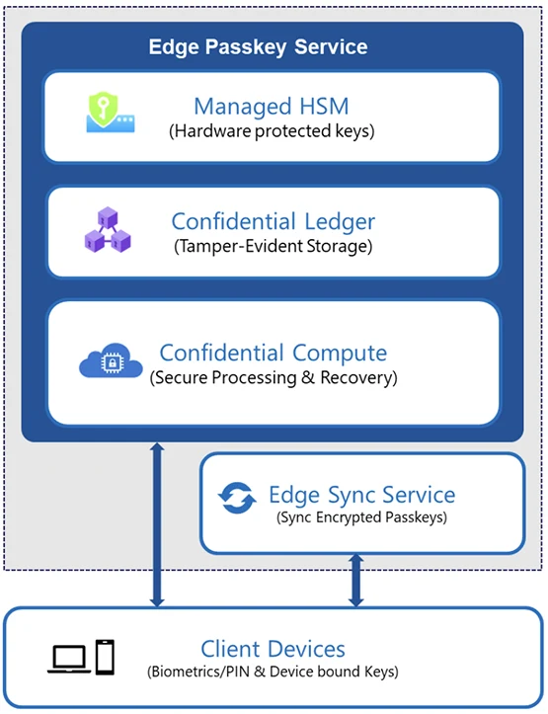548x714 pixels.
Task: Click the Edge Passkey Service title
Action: pos(258,46)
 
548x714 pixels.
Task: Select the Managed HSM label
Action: pos(272,106)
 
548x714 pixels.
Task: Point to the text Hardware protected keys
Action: pos(272,131)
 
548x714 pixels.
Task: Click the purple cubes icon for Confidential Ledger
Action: pos(107,231)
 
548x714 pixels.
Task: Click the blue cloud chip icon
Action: pos(105,363)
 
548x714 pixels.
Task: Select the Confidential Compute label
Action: pos(274,353)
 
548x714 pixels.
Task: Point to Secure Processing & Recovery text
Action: pos(274,377)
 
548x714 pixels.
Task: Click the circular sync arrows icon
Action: pos(238,499)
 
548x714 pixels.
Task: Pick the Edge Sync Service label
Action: pos(362,495)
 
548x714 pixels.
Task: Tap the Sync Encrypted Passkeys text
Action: pos(362,516)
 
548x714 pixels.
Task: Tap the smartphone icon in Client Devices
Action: pos(104,656)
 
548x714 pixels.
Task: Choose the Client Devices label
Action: pos(274,649)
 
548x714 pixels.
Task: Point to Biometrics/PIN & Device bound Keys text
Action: pos(274,673)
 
